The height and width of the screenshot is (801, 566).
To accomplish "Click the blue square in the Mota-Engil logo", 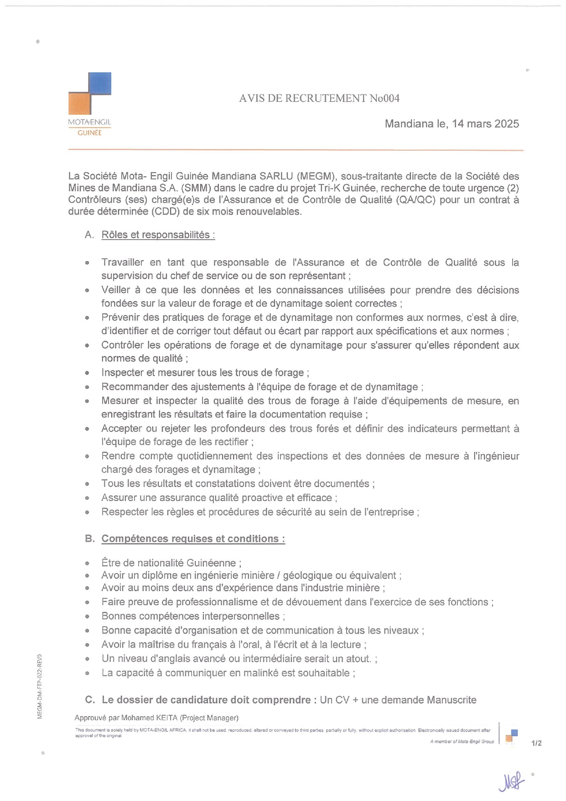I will pos(100,84).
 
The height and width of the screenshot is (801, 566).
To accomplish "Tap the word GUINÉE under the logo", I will pos(89,133).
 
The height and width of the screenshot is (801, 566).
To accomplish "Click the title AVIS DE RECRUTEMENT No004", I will pos(319,98).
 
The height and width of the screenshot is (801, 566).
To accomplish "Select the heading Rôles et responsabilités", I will pos(158,235).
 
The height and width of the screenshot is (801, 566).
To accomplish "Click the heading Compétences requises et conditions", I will pos(193,539).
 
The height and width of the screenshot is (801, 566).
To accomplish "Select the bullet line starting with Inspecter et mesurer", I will pos(205,372).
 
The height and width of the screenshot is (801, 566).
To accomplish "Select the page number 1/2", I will pos(536,743).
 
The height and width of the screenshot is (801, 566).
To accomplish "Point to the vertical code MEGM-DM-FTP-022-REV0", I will pos(40,686).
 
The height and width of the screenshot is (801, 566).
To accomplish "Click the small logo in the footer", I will pos(511,736).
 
